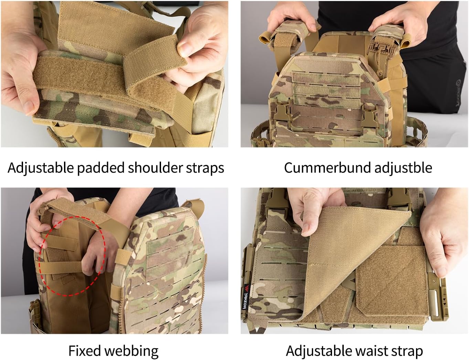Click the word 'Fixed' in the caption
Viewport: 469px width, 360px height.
click(84, 351)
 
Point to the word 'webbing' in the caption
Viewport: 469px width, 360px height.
click(131, 351)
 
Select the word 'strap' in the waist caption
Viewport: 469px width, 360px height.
click(407, 351)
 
